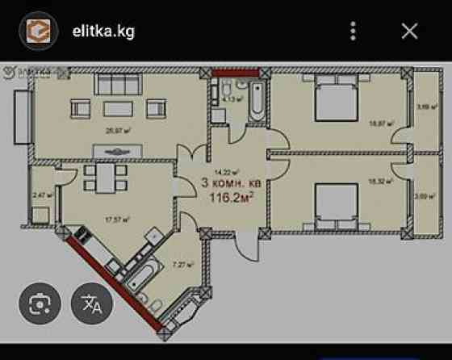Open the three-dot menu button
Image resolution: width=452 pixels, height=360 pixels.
353,31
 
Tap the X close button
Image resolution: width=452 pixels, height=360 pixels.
409,31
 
